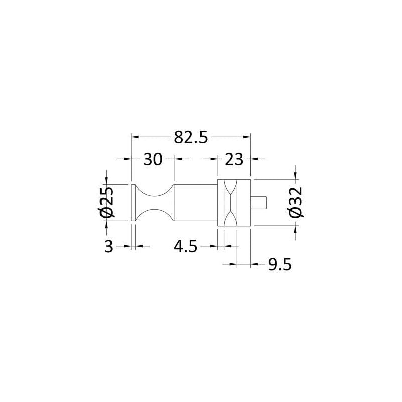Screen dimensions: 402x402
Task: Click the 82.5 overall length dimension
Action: (x=191, y=137)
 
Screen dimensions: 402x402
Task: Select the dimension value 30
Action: (x=153, y=159)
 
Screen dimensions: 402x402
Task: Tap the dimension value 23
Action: (x=234, y=159)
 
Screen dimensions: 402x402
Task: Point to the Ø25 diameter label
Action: (x=106, y=203)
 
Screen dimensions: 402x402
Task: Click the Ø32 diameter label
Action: (x=295, y=203)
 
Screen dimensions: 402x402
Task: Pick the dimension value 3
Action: (x=109, y=246)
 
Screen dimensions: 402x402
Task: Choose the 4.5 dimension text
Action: (x=185, y=246)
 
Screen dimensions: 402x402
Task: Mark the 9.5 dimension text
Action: (x=280, y=264)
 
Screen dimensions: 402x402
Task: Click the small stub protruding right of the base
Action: (x=259, y=203)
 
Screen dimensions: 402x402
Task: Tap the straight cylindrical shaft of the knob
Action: (x=196, y=203)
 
